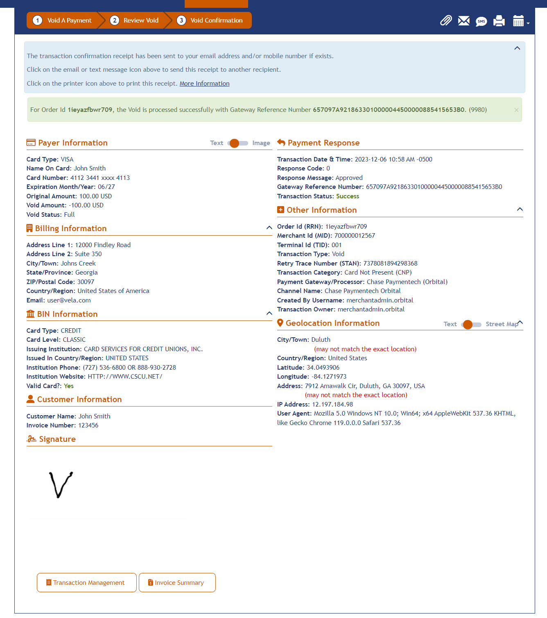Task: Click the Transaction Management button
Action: click(86, 582)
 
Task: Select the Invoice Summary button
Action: click(177, 582)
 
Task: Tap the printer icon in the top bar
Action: click(499, 21)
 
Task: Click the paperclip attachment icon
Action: click(445, 20)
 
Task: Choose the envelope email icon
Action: click(463, 21)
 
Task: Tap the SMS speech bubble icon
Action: click(481, 21)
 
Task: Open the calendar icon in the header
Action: click(518, 21)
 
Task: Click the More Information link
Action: click(204, 84)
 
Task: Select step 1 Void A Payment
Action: click(63, 20)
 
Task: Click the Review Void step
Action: click(135, 20)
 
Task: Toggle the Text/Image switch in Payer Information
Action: click(237, 143)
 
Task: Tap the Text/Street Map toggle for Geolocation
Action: click(471, 325)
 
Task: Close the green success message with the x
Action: click(516, 110)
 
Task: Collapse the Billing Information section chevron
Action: click(269, 227)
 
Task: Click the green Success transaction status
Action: click(347, 196)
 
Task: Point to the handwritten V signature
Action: click(61, 484)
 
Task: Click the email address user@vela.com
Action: click(69, 300)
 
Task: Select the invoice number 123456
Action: click(88, 425)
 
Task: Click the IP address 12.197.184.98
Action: click(332, 404)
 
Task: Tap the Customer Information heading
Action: click(79, 400)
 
